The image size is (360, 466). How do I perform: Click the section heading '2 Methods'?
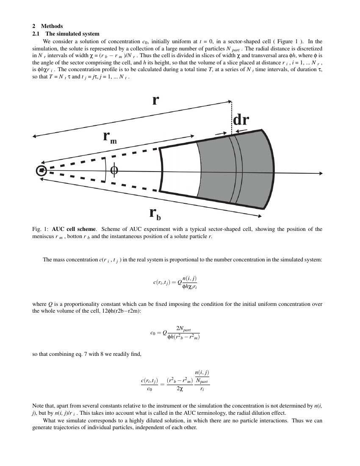coord(47,26)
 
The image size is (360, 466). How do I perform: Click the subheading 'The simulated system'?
coord(72,34)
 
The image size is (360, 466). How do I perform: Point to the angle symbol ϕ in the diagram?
coord(114,170)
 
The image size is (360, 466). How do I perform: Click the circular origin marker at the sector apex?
coord(41,170)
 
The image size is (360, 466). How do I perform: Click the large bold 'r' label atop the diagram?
coord(155,100)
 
